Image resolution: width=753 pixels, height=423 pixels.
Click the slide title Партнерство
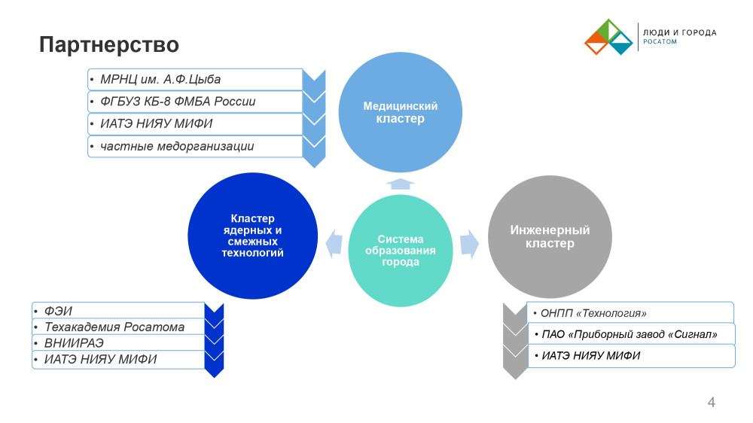[x=109, y=44]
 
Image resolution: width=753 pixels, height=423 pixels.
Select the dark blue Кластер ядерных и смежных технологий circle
[x=252, y=236]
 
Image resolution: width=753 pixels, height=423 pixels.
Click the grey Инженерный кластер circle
[x=550, y=236]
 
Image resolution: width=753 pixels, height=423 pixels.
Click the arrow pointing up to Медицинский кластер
[x=401, y=183]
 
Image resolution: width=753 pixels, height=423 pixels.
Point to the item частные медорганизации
[x=177, y=146]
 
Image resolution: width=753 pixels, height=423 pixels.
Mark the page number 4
[x=711, y=403]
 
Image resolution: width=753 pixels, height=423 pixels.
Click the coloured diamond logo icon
[x=608, y=38]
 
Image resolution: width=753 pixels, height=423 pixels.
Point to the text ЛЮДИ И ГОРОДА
[x=678, y=33]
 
